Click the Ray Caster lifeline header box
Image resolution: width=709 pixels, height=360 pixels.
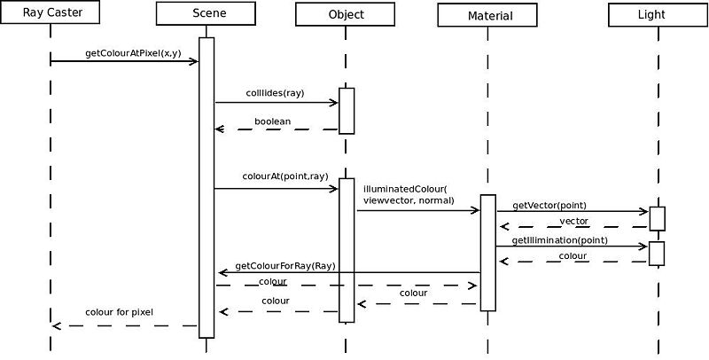point(50,12)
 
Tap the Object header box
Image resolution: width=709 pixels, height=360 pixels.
point(346,14)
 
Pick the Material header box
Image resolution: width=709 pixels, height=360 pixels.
point(487,15)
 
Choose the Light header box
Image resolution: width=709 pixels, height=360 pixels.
point(658,15)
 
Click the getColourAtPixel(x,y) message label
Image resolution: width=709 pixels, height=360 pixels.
point(133,53)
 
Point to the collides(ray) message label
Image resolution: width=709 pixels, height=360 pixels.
point(275,94)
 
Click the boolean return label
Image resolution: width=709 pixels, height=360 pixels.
point(272,121)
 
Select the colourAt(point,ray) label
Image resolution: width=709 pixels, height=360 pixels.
point(284,176)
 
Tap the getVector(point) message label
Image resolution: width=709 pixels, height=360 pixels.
point(549,206)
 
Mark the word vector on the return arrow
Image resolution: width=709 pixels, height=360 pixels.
point(573,221)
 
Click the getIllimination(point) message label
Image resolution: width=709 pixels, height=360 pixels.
point(559,240)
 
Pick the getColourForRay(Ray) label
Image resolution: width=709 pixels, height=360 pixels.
point(285,266)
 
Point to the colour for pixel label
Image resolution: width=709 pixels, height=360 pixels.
point(119,312)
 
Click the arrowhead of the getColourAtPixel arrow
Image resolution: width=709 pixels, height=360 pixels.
point(194,61)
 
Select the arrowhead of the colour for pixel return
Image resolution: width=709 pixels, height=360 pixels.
point(57,325)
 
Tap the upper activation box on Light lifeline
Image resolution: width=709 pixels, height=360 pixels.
point(657,219)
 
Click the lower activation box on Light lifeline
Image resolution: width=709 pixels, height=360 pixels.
point(657,254)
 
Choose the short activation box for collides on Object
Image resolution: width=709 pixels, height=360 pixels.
point(347,111)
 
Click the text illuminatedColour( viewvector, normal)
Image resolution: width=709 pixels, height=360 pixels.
point(408,194)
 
